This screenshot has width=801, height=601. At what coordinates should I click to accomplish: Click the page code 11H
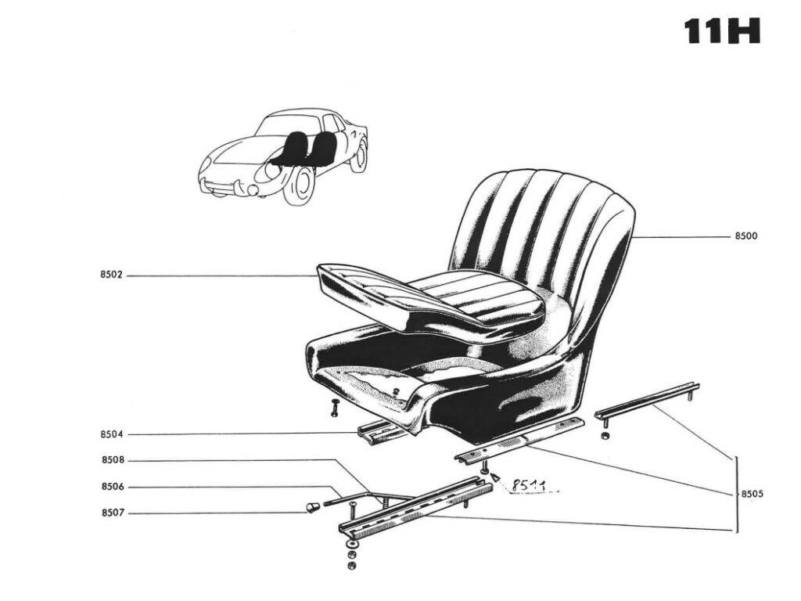pos(722,31)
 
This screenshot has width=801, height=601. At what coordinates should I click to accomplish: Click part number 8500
pos(745,236)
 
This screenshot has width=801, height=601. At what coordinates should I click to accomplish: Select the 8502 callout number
pos(111,275)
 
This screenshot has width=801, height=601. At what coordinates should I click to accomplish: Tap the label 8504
pos(111,435)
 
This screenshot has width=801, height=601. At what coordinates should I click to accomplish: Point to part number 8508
pos(113,460)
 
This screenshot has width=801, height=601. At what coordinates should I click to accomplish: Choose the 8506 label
pos(113,487)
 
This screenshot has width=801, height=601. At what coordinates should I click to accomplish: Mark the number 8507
pos(113,513)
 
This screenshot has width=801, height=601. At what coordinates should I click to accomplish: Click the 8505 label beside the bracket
pos(752,495)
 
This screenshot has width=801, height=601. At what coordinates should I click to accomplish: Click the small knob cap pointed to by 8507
pos(311,507)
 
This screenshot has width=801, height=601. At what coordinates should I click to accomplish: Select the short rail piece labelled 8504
pos(381,433)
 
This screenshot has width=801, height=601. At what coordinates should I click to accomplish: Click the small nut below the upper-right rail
pos(605,436)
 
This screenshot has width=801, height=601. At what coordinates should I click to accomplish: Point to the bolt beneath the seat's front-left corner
pos(335,407)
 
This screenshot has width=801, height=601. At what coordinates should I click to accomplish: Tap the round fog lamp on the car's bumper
pos(253,190)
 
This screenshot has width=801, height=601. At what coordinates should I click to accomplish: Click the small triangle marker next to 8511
pos(494,478)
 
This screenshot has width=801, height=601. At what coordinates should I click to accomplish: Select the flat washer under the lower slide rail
pos(351,545)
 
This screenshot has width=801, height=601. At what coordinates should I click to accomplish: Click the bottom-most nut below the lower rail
pos(351,565)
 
